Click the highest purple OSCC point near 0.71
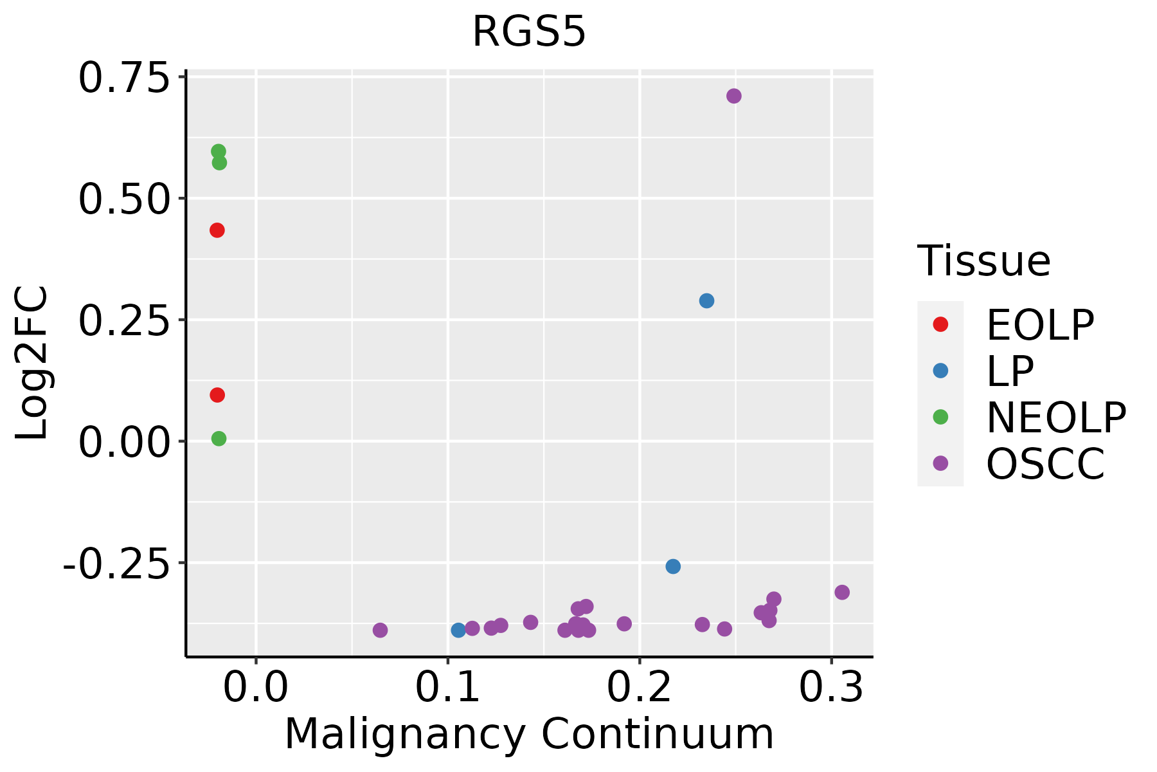733,96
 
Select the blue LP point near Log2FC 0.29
706,300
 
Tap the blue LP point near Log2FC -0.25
673,566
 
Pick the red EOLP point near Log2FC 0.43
217,230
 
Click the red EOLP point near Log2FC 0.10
217,395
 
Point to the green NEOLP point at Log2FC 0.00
219,439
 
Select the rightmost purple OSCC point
842,592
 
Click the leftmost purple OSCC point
380,630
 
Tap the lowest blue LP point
458,630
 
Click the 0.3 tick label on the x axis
831,688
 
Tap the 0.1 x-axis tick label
447,688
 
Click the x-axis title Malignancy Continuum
529,734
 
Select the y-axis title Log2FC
32,363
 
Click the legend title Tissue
983,261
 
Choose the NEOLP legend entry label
1055,418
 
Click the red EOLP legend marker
940,324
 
